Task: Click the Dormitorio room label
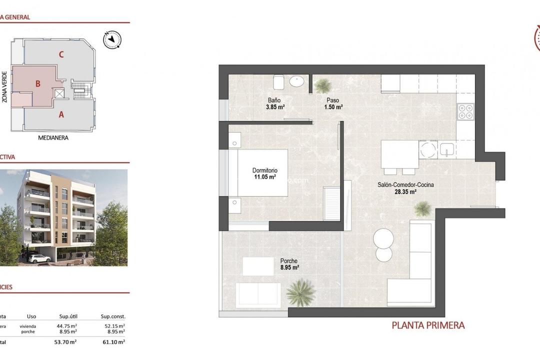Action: (x=264, y=170)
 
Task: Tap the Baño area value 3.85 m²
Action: (x=275, y=107)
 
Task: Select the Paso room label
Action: (x=332, y=100)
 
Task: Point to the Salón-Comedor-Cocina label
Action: (x=405, y=184)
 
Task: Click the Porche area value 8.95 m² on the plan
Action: (x=289, y=268)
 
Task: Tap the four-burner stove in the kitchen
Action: (x=465, y=111)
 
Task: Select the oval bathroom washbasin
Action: (x=299, y=81)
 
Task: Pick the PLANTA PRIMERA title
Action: (x=428, y=325)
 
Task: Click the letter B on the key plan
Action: (x=37, y=84)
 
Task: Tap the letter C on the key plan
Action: (x=61, y=55)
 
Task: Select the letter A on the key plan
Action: (x=61, y=114)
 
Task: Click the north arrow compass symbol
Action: (x=113, y=39)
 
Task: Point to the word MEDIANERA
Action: (x=53, y=137)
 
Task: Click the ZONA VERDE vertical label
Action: (x=4, y=87)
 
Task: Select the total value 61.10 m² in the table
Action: (x=114, y=342)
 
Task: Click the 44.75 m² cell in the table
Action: (x=67, y=325)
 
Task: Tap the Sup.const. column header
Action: (x=113, y=316)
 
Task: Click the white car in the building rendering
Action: (x=38, y=258)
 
